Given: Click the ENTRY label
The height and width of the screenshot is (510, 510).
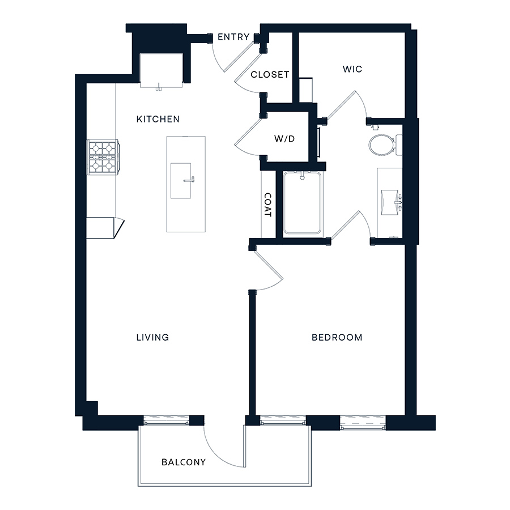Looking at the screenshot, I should (x=233, y=37).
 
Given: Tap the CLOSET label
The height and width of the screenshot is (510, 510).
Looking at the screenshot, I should (x=270, y=75).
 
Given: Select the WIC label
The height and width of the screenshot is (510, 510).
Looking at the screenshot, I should (x=352, y=69).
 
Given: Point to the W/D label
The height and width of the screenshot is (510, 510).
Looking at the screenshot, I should (x=284, y=139).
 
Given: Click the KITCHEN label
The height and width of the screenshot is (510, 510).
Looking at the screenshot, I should (x=158, y=119).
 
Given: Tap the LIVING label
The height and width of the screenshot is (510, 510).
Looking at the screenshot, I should (x=152, y=337).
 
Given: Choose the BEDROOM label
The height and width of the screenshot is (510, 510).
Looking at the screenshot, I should (x=337, y=337).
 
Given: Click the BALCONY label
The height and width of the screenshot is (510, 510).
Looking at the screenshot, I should (x=184, y=462).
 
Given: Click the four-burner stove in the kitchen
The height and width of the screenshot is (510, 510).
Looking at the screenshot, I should (x=103, y=156).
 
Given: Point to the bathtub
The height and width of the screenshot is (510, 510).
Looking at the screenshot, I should (x=303, y=203).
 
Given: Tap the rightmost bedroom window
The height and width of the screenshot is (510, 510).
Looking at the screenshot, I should (x=363, y=422).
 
